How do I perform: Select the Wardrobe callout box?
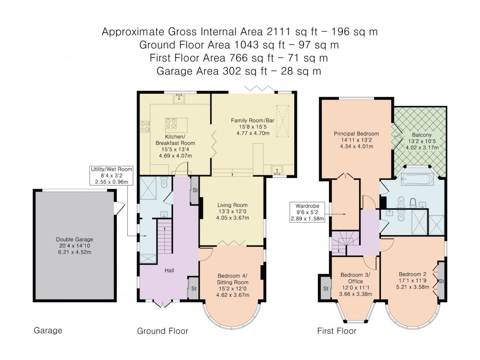coord(307,212)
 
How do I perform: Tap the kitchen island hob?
coord(171,123)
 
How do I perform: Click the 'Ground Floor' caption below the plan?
coord(162,331)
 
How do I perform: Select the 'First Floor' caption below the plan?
coord(336,331)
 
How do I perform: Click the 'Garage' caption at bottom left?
coord(48,330)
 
